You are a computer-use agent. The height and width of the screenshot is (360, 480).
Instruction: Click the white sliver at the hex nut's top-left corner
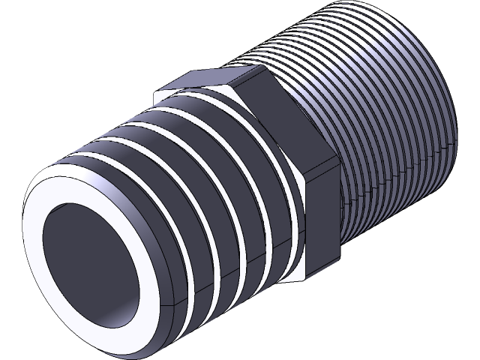pos(159,95)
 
